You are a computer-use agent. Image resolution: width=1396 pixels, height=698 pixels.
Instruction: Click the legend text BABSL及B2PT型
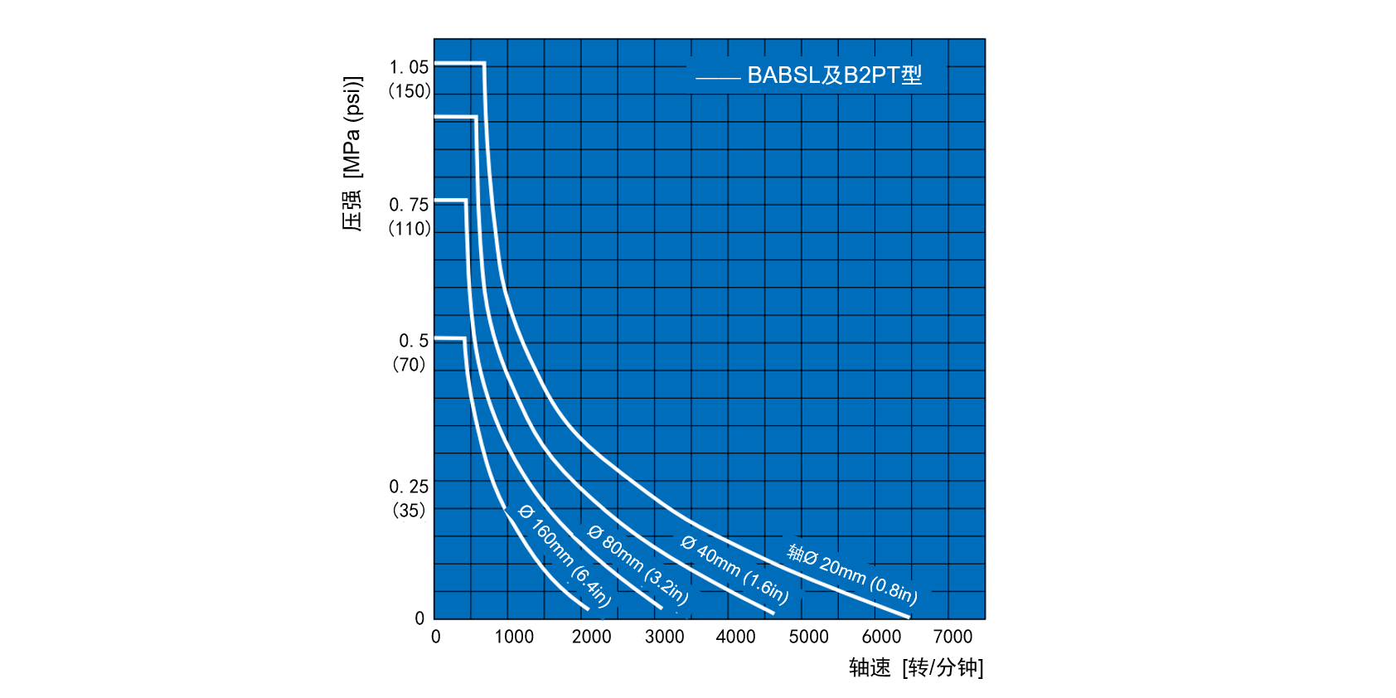pos(834,75)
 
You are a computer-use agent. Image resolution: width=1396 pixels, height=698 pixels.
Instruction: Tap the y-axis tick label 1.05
pos(409,67)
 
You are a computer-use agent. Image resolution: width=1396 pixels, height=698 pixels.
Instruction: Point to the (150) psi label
pos(410,90)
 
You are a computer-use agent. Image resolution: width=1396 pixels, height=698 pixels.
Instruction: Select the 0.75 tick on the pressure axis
pos(409,205)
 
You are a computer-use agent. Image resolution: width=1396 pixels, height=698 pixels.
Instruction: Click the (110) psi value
pos(410,228)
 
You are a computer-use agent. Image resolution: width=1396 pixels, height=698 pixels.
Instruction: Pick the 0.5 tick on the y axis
pos(414,341)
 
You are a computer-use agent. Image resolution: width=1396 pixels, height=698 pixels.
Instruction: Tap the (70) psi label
pos(409,364)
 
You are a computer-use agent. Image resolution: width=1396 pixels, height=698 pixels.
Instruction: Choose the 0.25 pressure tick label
pos(409,487)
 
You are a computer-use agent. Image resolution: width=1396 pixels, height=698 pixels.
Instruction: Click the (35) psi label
pos(409,510)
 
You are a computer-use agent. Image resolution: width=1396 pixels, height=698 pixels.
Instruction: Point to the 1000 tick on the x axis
pos(514,637)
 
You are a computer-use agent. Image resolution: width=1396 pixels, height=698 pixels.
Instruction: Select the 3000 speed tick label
pos(664,637)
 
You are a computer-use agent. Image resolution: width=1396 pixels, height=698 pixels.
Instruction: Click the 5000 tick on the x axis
pos(808,637)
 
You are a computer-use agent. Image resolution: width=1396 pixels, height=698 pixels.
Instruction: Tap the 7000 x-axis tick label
pos(952,637)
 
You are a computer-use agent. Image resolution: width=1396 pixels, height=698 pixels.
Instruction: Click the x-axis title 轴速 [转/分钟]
pos(915,667)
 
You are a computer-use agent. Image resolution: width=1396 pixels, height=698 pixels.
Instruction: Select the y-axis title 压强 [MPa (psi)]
pos(352,153)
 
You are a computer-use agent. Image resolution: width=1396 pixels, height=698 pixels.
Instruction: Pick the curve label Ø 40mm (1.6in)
pos(734,569)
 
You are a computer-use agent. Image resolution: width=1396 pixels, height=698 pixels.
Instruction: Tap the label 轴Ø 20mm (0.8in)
pos(851,573)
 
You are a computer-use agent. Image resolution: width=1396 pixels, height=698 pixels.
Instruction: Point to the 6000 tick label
pos(880,637)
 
